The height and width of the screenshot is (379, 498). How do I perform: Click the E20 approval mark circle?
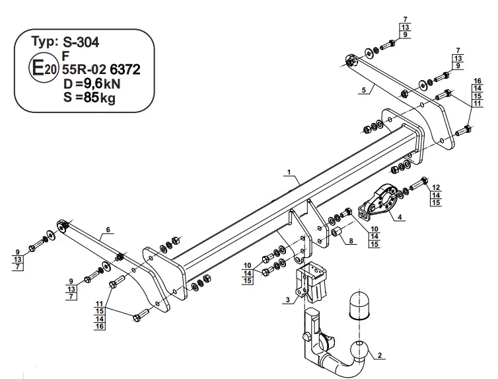(x=44, y=67)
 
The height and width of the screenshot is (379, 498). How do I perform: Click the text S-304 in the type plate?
(x=81, y=42)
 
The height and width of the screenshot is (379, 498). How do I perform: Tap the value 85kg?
(x=100, y=98)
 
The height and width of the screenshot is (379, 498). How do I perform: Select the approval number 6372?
(x=125, y=69)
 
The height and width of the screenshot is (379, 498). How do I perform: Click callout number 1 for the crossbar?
(x=289, y=172)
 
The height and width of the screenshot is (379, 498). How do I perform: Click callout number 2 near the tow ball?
(x=380, y=355)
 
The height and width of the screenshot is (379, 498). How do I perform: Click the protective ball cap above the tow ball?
(x=359, y=305)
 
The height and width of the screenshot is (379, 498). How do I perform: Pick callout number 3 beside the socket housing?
(x=288, y=300)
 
